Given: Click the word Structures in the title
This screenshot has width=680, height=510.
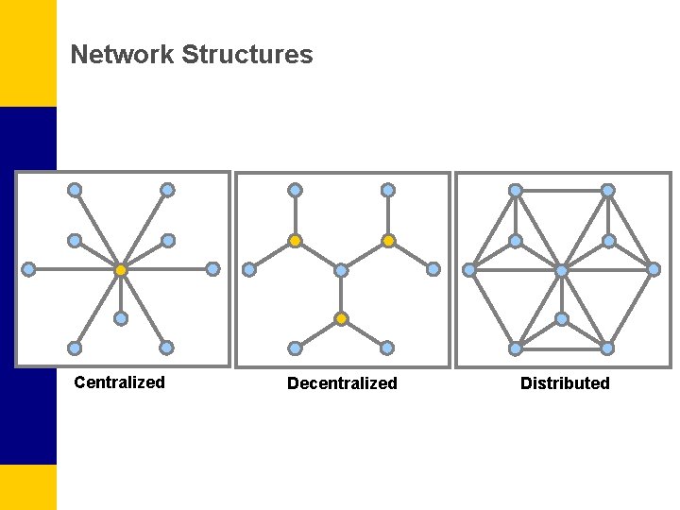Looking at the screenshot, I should pyautogui.click(x=246, y=55).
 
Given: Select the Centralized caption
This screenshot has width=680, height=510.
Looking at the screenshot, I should pyautogui.click(x=119, y=382).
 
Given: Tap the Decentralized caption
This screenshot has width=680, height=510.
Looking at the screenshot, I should pyautogui.click(x=342, y=383).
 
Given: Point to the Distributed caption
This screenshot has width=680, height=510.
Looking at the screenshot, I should pyautogui.click(x=565, y=383).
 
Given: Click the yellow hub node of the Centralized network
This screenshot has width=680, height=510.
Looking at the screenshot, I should pyautogui.click(x=121, y=270).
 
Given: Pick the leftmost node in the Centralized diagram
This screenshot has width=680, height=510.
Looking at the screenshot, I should pyautogui.click(x=29, y=269).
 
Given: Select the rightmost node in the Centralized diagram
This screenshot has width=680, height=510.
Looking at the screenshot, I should pyautogui.click(x=212, y=269).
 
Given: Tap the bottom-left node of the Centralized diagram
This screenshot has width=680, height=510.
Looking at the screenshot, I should pyautogui.click(x=74, y=348).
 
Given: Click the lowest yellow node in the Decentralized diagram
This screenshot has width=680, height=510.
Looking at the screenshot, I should pyautogui.click(x=341, y=318).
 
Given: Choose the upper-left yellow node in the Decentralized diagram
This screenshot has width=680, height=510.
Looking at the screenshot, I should pyautogui.click(x=295, y=241).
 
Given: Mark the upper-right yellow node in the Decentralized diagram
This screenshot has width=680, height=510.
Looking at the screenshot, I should pyautogui.click(x=388, y=241).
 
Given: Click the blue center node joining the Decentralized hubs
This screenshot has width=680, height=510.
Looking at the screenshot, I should pyautogui.click(x=341, y=270).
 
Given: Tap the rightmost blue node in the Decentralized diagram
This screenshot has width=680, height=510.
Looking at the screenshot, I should pyautogui.click(x=433, y=269).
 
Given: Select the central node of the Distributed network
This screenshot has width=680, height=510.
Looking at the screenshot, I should pyautogui.click(x=562, y=270).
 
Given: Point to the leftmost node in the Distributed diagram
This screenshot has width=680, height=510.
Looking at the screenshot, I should pyautogui.click(x=469, y=270).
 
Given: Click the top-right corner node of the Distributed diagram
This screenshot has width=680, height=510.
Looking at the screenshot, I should pyautogui.click(x=608, y=190).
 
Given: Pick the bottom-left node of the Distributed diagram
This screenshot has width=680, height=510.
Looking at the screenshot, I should pyautogui.click(x=516, y=348).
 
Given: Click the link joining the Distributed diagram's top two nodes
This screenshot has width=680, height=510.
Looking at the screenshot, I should pyautogui.click(x=562, y=190).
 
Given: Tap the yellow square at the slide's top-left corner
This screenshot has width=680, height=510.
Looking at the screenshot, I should pyautogui.click(x=27, y=53).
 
